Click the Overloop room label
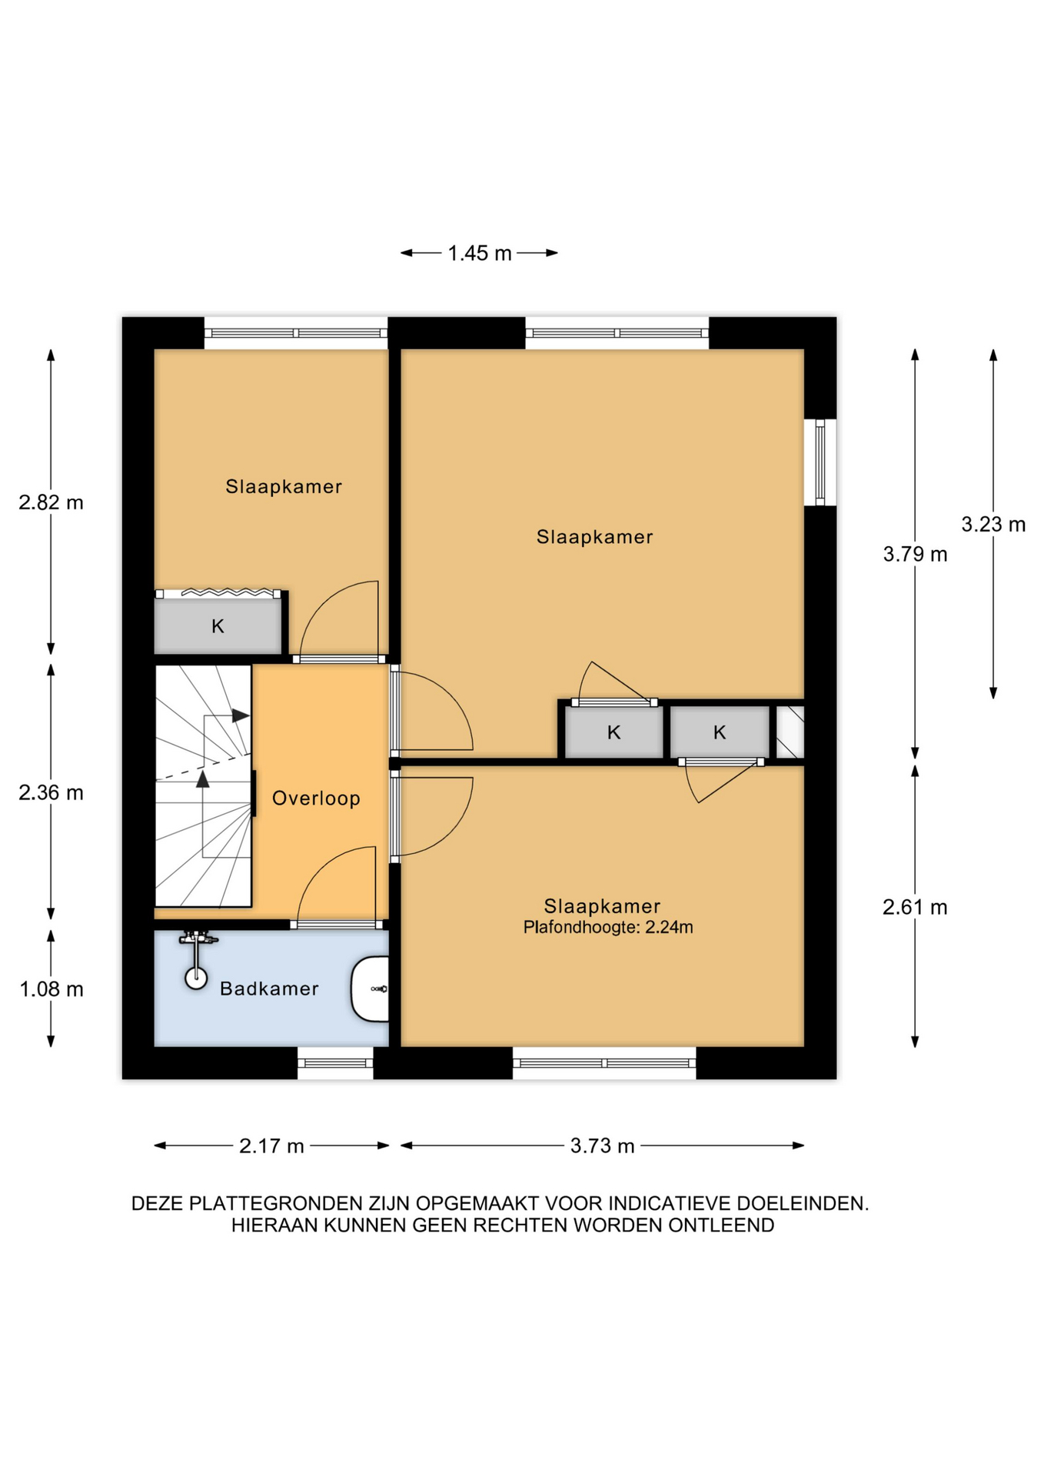[316, 799]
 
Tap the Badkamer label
[269, 989]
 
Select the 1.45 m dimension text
[480, 253]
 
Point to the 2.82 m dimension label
[51, 502]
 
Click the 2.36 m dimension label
[51, 792]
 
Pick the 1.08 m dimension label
[51, 989]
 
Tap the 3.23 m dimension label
[993, 524]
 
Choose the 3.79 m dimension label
[915, 554]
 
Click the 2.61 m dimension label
[915, 907]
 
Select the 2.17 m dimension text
[271, 1146]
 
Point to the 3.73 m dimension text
[602, 1146]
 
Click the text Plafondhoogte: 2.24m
[608, 928]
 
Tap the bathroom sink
[371, 989]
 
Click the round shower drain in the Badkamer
[196, 978]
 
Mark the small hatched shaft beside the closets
[790, 732]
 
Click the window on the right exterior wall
[820, 462]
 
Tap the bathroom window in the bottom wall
[335, 1063]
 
